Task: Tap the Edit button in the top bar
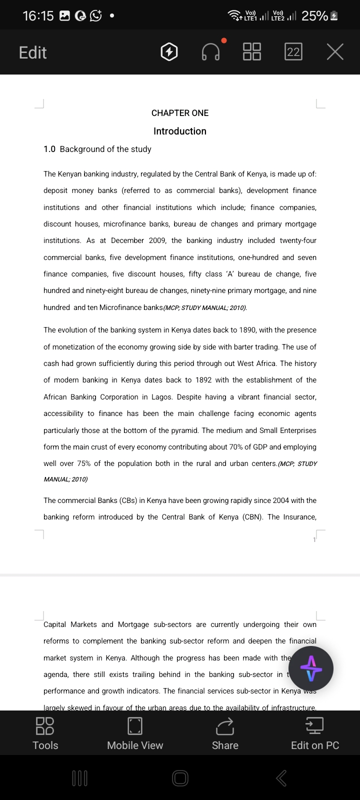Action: pos(32,52)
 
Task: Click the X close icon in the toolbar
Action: pos(335,52)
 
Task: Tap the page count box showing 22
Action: pos(293,52)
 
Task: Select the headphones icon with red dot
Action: pos(210,52)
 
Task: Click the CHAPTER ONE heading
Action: pos(180,113)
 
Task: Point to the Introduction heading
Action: pos(180,131)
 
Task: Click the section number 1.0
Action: pos(49,149)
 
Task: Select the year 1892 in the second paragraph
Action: pos(203,380)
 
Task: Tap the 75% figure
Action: pos(84,463)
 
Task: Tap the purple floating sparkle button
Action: pos(311,668)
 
